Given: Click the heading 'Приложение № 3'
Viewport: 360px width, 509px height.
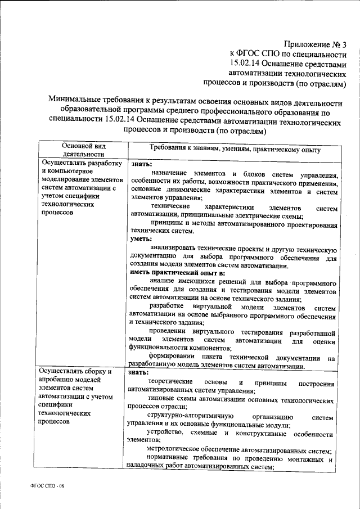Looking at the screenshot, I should tap(316, 43).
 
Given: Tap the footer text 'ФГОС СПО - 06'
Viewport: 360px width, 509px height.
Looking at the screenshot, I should tap(49, 486).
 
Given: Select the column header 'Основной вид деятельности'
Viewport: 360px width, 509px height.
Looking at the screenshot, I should tap(82, 150).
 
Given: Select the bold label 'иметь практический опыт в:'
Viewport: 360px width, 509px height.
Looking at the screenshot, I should tap(177, 272).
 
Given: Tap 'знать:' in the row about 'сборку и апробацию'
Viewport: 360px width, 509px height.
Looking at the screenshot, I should tap(139, 372).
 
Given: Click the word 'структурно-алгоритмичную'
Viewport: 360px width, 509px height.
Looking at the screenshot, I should tap(180, 417).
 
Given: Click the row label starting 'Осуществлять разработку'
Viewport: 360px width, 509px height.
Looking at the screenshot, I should tap(79, 164).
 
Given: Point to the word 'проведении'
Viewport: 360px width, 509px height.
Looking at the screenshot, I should tap(172, 332).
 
